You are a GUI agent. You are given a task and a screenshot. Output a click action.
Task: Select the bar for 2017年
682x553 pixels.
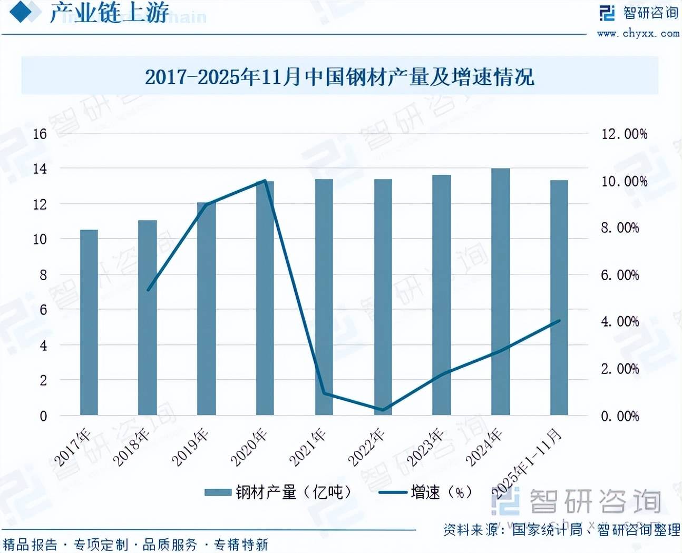point(89,322)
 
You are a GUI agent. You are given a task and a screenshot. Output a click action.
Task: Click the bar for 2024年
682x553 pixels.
point(500,292)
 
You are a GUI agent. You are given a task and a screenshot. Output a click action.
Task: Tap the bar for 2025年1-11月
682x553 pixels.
point(559,298)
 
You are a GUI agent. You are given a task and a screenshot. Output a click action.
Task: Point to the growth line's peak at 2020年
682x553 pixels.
point(265,181)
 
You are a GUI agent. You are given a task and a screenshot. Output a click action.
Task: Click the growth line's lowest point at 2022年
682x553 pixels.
point(383,410)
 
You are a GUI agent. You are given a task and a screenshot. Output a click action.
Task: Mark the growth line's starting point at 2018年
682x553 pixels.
point(148,290)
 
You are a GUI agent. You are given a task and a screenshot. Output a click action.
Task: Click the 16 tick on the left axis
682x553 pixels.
point(40,134)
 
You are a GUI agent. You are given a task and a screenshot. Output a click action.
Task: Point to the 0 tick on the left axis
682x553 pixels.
point(43,416)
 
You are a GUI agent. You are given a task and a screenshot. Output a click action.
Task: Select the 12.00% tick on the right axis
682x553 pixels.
point(624,134)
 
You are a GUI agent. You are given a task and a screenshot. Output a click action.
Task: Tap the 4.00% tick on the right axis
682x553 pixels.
point(620,321)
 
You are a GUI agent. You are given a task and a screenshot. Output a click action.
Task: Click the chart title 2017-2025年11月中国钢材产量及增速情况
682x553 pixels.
point(339,77)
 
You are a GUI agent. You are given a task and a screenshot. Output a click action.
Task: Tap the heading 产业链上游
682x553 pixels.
point(109,13)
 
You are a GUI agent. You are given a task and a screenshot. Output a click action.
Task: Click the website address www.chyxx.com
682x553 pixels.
point(638,33)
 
